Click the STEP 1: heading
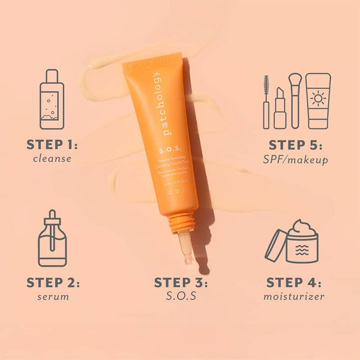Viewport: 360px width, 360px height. click(x=52, y=145)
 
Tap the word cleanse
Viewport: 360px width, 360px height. click(x=52, y=159)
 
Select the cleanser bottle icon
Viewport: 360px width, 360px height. click(x=52, y=99)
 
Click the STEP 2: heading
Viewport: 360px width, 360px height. click(x=53, y=283)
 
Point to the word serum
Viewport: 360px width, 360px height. click(x=53, y=296)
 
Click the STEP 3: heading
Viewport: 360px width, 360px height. click(x=181, y=283)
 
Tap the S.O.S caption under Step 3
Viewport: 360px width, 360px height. click(x=181, y=296)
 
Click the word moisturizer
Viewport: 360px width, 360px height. click(x=295, y=296)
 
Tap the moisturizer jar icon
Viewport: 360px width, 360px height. click(x=302, y=242)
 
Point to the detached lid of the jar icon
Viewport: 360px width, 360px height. click(x=275, y=246)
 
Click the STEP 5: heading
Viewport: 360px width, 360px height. click(x=296, y=145)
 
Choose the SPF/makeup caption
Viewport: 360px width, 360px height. click(x=296, y=160)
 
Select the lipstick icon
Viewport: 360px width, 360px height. click(x=280, y=108)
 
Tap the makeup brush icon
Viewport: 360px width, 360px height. click(x=294, y=99)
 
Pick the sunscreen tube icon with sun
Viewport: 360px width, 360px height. click(x=318, y=100)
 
